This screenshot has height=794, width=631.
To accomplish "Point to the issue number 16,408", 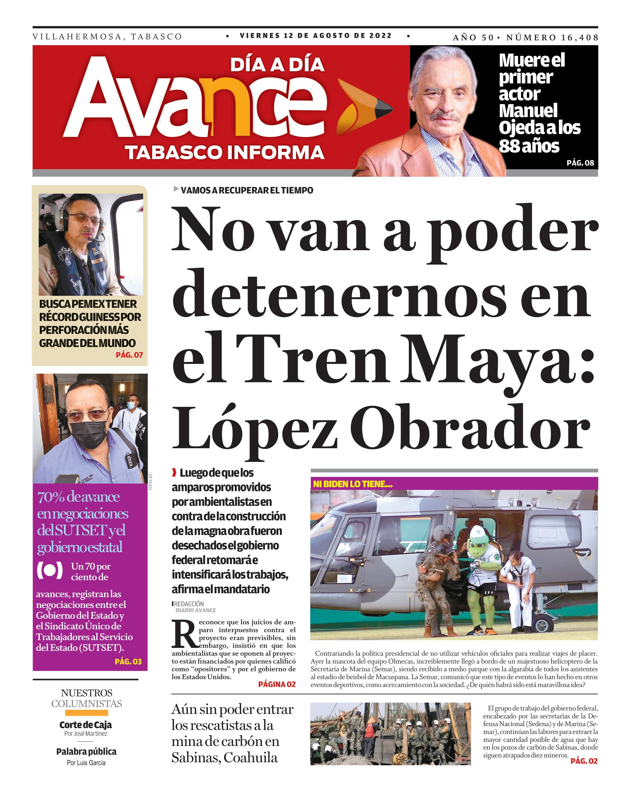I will [579, 38].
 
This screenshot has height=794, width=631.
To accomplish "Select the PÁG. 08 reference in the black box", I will [580, 163].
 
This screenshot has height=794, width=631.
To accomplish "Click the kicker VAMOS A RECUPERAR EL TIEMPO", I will [246, 190].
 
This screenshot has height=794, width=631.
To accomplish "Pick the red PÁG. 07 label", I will [129, 355].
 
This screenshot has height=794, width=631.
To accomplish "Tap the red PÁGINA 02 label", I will [277, 684].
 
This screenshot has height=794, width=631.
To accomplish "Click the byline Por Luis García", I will [86, 763].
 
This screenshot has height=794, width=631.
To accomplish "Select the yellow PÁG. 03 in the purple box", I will [128, 661].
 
